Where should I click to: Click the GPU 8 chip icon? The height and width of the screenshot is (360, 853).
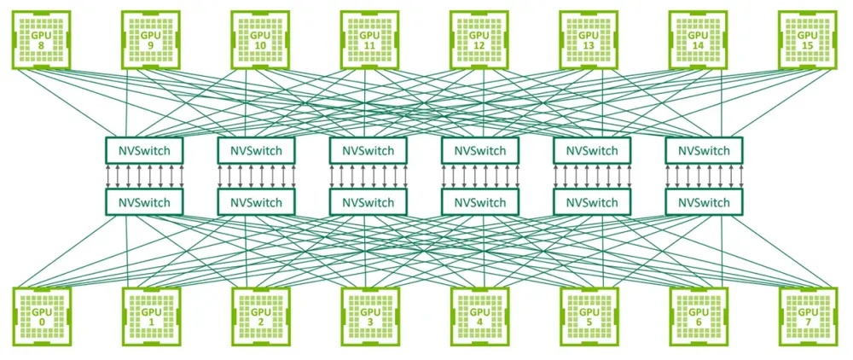(x=41, y=40)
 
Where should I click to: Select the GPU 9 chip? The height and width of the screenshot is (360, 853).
(x=151, y=40)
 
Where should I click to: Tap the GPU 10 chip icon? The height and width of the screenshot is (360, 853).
(x=260, y=40)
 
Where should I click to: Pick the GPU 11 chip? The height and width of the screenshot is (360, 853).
(x=370, y=40)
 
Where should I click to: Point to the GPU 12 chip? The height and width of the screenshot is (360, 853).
(x=479, y=40)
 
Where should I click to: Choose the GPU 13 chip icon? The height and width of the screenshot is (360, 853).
(x=589, y=40)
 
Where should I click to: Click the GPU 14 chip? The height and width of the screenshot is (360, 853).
(x=698, y=40)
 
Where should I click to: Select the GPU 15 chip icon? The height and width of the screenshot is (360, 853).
(x=808, y=40)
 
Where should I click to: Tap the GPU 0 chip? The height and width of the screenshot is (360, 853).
(x=42, y=316)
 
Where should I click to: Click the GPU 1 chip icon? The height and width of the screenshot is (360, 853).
(x=152, y=316)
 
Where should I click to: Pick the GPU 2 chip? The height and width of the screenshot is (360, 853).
(x=261, y=316)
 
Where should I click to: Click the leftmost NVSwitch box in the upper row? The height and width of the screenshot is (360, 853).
(x=144, y=150)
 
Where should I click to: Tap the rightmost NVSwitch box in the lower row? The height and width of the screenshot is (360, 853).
(x=704, y=202)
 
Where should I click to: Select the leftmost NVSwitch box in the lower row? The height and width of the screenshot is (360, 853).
(x=144, y=202)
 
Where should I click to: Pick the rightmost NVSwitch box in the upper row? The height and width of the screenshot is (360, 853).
(x=704, y=150)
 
